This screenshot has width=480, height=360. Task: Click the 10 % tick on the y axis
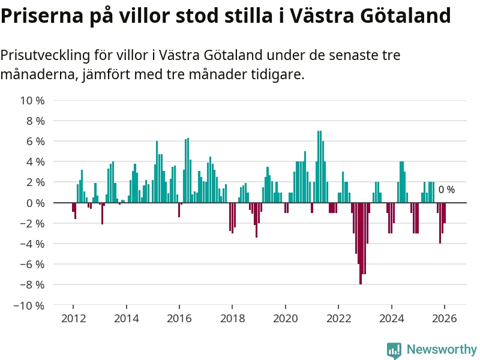pyautogui.click(x=33, y=100)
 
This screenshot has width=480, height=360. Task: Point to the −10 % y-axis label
pyautogui.click(x=29, y=305)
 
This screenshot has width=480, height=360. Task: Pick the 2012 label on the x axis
pyautogui.click(x=73, y=319)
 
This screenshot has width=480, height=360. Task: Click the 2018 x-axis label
pyautogui.click(x=232, y=319)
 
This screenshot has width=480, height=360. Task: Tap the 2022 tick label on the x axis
pyautogui.click(x=338, y=319)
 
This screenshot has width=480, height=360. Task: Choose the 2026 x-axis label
pyautogui.click(x=444, y=319)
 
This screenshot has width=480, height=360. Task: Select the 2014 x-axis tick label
pyautogui.click(x=125, y=319)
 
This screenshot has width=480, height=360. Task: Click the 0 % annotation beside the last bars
pyautogui.click(x=446, y=190)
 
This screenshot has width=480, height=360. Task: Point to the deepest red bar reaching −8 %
pyautogui.click(x=361, y=243)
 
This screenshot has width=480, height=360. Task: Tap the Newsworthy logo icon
pyautogui.click(x=394, y=350)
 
